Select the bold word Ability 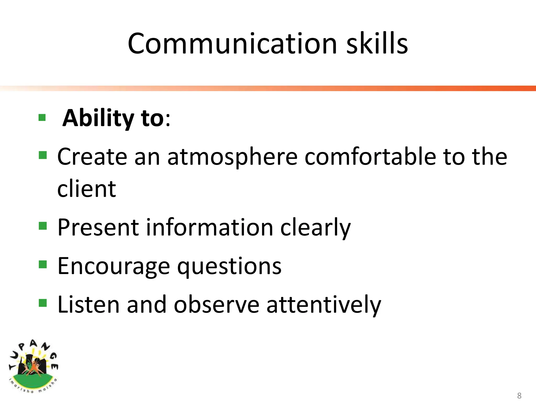pos(98,118)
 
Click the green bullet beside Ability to pos(42,118)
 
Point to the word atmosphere pos(232,157)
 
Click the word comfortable pos(370,157)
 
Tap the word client pos(86,189)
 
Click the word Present pos(98,227)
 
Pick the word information pos(210,227)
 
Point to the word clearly pos(315,227)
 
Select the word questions pos(229,266)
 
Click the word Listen pos(88,304)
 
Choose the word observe pos(216,304)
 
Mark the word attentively pos(324,304)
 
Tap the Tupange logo pos(33,366)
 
